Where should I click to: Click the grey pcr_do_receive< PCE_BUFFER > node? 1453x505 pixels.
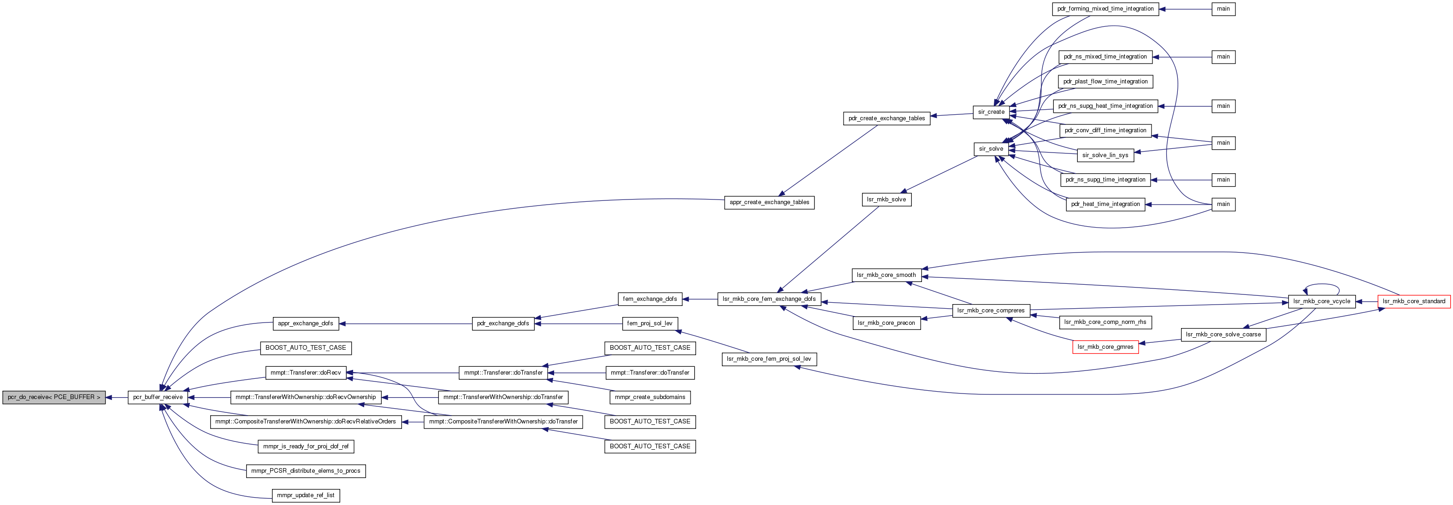[54, 397]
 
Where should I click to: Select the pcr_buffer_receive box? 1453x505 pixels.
[158, 397]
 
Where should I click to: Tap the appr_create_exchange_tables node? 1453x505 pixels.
[769, 202]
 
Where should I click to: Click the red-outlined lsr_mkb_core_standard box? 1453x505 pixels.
[1414, 301]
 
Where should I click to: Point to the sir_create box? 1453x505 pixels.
[992, 112]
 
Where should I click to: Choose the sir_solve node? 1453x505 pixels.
[991, 149]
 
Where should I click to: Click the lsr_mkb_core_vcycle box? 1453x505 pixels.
[1322, 301]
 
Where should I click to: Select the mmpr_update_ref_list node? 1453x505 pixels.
[306, 495]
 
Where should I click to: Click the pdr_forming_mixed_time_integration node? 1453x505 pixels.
[1105, 9]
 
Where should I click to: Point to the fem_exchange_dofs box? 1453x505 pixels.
[650, 299]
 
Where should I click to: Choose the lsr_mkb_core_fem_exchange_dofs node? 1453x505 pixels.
[769, 299]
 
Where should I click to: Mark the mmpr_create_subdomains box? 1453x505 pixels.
[650, 397]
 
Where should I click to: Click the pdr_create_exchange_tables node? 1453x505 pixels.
[887, 118]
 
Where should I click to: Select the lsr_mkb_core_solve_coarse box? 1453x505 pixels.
[1223, 335]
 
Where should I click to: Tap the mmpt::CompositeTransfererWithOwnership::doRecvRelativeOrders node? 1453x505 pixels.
[306, 422]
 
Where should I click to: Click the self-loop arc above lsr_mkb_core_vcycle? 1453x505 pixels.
[1322, 285]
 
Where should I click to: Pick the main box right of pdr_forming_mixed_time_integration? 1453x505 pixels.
[1223, 9]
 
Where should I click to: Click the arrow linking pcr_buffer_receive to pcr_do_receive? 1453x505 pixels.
[117, 397]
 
